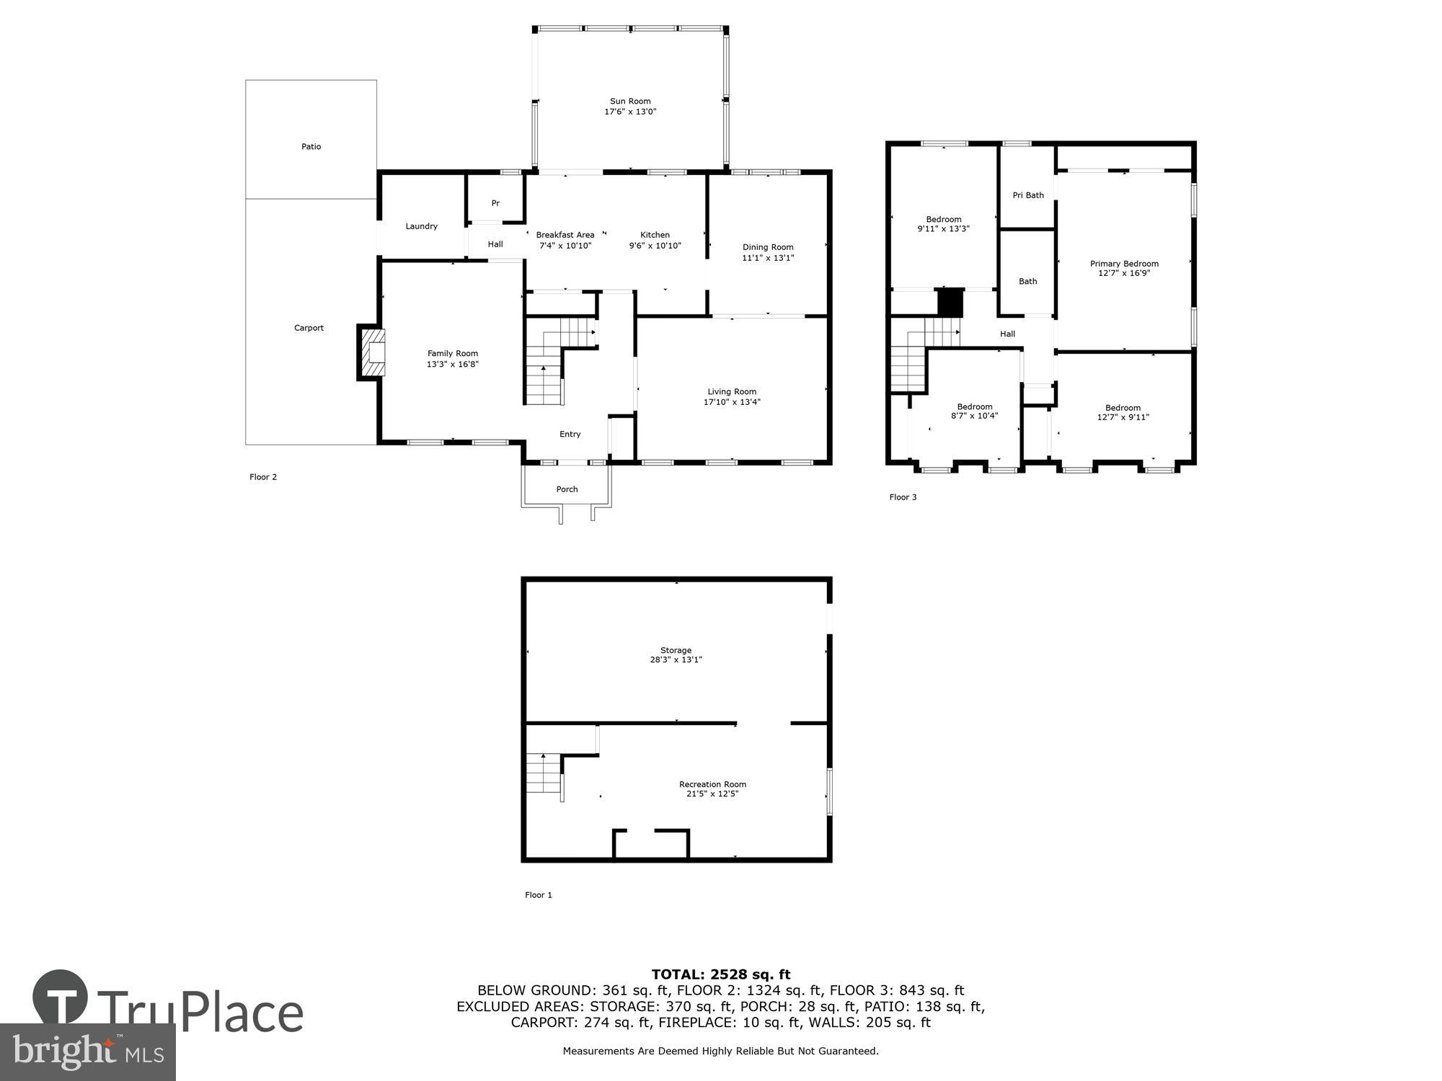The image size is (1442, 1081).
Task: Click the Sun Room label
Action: coord(630,102)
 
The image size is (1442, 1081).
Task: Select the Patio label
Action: coord(311,146)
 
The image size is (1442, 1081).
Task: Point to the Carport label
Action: coord(309,328)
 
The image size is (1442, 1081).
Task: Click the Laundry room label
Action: coord(421,226)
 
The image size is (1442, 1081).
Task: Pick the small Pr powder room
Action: coord(495,203)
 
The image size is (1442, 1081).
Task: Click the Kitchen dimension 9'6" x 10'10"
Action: coord(655,246)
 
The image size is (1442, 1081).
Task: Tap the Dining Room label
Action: coord(768,247)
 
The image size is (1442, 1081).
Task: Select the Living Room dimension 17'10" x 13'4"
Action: coord(732,402)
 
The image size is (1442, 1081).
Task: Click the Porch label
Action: coord(567,489)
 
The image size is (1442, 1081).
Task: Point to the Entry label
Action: coord(570,434)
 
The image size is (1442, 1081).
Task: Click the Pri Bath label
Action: coord(1027,195)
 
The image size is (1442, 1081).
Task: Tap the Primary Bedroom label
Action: coord(1123,264)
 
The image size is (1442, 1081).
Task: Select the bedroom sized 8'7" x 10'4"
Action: coord(974,412)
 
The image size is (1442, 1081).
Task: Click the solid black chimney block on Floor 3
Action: coord(950,301)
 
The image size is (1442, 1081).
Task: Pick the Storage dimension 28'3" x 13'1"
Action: coord(676,659)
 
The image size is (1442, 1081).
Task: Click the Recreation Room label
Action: coord(712,784)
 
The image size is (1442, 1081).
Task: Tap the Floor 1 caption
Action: coord(538,895)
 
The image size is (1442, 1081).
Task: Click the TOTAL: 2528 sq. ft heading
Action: coord(720,975)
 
